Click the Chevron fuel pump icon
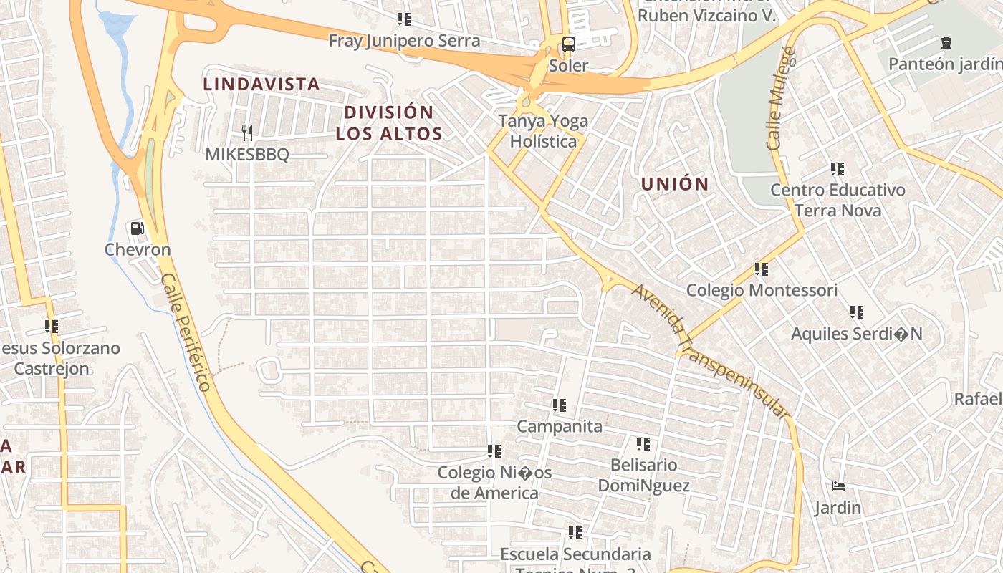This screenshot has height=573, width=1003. (137, 228)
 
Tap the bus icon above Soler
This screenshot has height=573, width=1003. (568, 44)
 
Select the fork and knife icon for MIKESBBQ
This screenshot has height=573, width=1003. (247, 133)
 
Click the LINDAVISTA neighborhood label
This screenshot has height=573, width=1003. (261, 84)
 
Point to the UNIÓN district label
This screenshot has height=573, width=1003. (675, 184)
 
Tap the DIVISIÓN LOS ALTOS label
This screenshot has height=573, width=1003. (389, 122)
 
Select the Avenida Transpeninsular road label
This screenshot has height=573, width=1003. (710, 351)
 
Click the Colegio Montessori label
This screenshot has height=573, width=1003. (762, 290)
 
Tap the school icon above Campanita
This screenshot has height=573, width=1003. (560, 405)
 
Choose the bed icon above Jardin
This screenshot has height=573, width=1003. (838, 486)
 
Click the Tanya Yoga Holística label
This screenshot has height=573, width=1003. (543, 131)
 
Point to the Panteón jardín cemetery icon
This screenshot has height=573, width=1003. (946, 43)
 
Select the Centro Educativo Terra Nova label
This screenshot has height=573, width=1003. (838, 200)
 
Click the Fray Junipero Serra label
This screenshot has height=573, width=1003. (404, 41)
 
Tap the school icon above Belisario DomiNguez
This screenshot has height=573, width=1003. (643, 444)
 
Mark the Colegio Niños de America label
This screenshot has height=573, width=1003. (494, 483)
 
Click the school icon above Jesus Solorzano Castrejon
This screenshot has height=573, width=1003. (52, 327)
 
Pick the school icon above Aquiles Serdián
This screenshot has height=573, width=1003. (856, 312)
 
